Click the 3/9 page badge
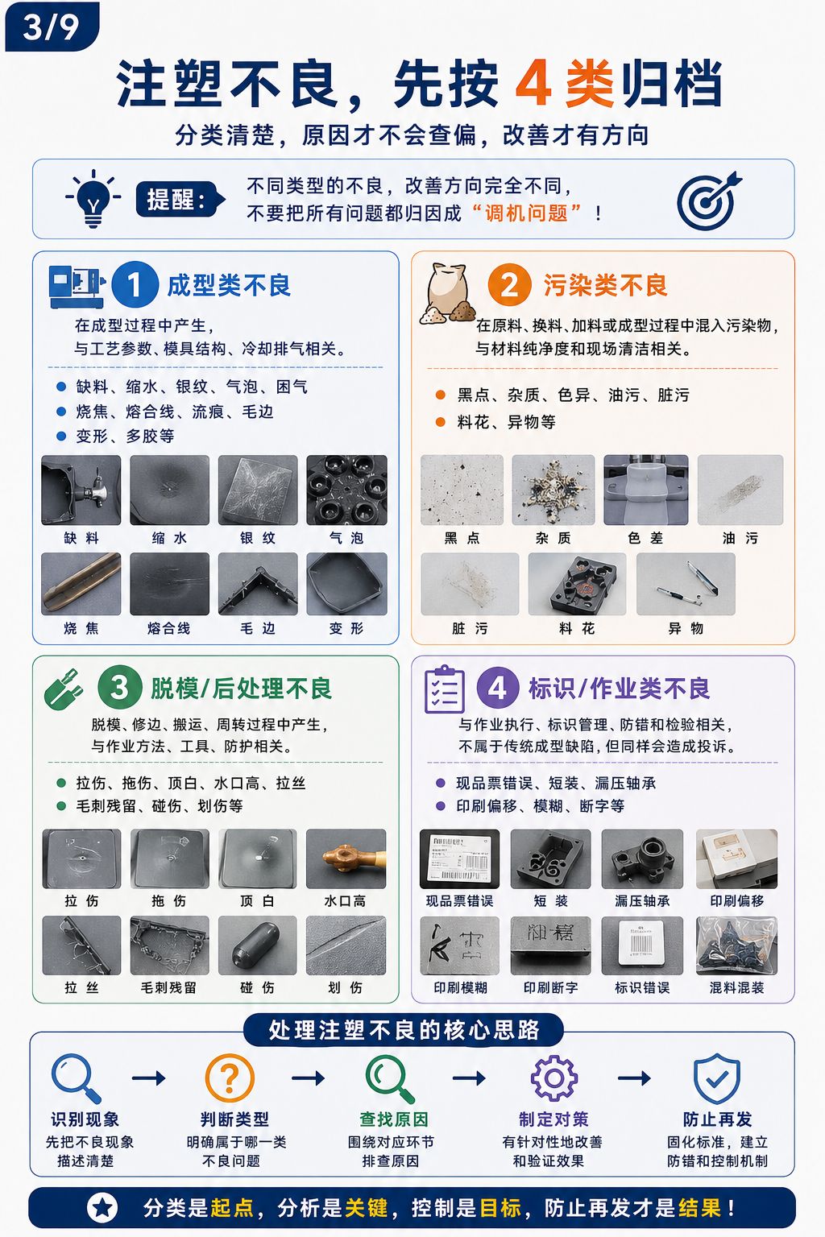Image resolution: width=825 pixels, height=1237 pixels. [x=52, y=27]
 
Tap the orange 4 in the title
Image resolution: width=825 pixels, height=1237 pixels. [x=534, y=84]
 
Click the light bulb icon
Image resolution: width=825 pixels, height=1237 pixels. [x=93, y=198]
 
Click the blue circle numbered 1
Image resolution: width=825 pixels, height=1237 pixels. [x=135, y=284]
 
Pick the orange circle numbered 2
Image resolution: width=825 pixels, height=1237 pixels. [x=509, y=284]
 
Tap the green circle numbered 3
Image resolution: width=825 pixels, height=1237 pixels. [x=119, y=688]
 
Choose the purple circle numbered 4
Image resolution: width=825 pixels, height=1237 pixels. [x=497, y=688]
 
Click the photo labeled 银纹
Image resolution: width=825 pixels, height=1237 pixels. [x=258, y=490]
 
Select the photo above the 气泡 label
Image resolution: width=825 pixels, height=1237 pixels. [x=347, y=490]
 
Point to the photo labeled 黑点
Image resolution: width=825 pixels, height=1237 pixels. [x=462, y=490]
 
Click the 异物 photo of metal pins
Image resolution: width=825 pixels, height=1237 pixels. [x=686, y=584]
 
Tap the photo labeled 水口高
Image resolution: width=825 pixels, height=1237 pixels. [x=346, y=858]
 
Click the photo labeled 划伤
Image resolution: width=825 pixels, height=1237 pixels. [x=346, y=945]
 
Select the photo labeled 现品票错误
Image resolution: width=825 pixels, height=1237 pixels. [x=460, y=858]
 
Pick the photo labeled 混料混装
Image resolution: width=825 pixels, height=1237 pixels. [x=736, y=945]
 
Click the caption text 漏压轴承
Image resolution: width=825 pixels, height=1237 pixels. [x=642, y=901]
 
